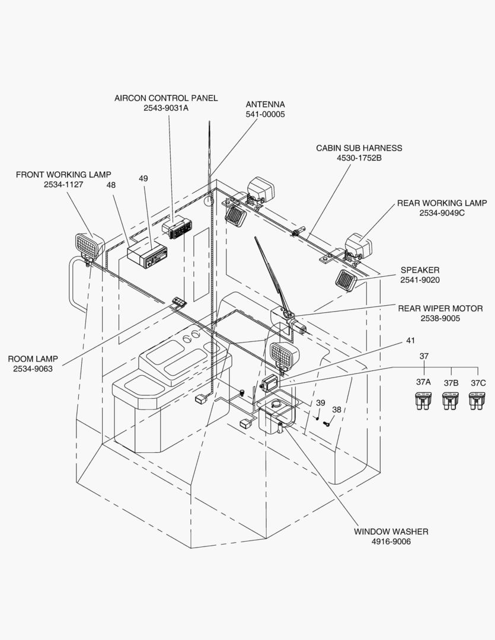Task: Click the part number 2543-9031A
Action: tap(166, 108)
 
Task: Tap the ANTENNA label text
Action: tap(265, 104)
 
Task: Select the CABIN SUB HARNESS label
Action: tap(359, 148)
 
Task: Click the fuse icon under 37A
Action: tap(423, 401)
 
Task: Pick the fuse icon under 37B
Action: tap(451, 401)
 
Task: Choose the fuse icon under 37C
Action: tap(477, 401)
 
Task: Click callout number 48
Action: tap(111, 185)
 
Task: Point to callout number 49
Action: tap(143, 178)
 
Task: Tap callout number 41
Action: tap(411, 340)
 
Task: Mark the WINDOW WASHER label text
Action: tap(391, 532)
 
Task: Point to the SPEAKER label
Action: tap(420, 270)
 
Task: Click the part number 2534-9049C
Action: tap(442, 213)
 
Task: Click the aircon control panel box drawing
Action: tap(177, 228)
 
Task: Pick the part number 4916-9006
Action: tap(391, 542)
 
